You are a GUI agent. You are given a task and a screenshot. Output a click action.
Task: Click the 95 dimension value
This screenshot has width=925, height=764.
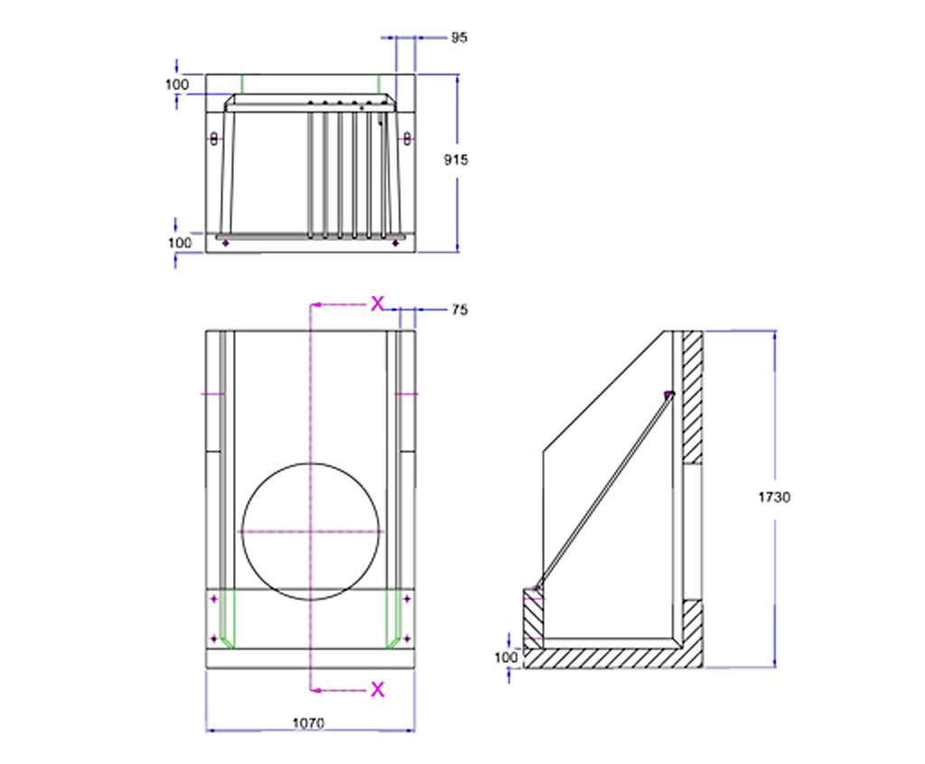click(x=459, y=38)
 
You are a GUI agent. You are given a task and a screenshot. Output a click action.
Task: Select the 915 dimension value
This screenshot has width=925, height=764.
click(x=457, y=159)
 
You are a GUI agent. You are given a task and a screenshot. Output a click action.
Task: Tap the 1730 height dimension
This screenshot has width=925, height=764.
click(x=773, y=497)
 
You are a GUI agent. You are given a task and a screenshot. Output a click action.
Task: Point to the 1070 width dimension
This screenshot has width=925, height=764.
click(x=309, y=722)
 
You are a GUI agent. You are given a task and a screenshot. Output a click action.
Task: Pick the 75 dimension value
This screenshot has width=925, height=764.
click(x=459, y=310)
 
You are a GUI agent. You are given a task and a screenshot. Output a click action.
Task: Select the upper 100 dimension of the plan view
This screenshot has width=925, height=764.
click(x=178, y=85)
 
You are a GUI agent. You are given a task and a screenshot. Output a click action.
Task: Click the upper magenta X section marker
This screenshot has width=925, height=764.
click(x=378, y=303)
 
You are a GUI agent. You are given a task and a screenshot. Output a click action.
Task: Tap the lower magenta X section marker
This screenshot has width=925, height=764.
click(x=378, y=690)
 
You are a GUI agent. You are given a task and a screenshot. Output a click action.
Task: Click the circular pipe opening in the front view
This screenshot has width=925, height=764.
click(x=311, y=531)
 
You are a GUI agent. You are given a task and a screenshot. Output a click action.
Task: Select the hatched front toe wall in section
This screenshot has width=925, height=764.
click(x=533, y=623)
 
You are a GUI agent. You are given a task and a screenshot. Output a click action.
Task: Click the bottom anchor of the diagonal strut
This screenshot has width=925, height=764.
click(x=537, y=590)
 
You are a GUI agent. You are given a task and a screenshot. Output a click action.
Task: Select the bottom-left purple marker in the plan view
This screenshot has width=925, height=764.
click(x=225, y=242)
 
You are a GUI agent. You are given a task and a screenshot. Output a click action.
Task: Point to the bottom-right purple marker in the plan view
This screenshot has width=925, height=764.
click(x=395, y=242)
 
